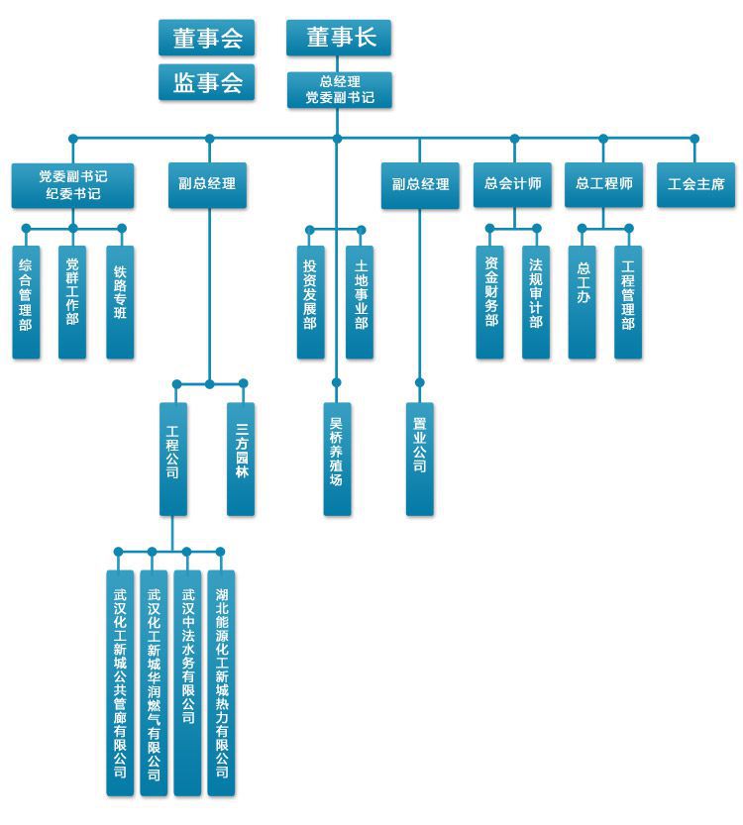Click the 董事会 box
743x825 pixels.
[x=206, y=38]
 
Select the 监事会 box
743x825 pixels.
[x=206, y=83]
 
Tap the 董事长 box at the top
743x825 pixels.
[x=339, y=38]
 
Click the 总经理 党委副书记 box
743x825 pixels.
[x=339, y=89]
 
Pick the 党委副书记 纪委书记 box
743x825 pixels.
[x=73, y=185]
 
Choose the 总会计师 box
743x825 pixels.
[x=512, y=185]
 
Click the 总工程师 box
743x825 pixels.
[x=603, y=185]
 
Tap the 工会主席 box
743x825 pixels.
[x=695, y=185]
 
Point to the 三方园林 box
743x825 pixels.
[x=241, y=459]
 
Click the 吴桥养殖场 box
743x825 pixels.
[x=337, y=459]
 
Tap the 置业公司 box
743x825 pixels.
[x=419, y=459]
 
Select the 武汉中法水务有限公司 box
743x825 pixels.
[x=187, y=682]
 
